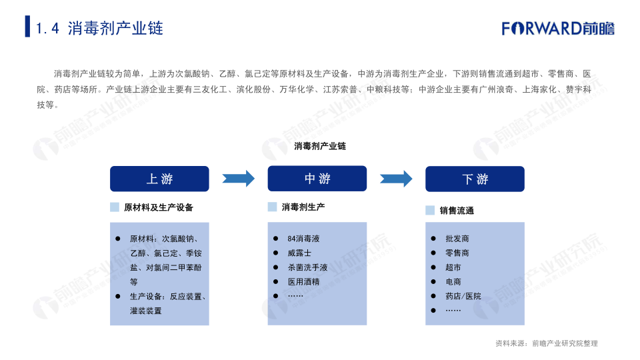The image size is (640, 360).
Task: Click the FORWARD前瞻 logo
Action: (558, 28)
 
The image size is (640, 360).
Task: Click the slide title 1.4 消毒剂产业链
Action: (99, 28)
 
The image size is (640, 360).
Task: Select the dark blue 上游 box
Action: (159, 179)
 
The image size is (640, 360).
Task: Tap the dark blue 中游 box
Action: (317, 179)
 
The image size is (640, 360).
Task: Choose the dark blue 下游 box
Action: (475, 179)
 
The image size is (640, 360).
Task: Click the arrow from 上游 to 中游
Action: (239, 179)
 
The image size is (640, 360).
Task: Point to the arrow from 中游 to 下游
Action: (396, 179)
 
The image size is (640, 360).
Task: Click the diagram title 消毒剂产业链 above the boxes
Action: (320, 146)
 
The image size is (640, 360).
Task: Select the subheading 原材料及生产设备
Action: (159, 207)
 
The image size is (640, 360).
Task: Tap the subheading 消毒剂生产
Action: (303, 207)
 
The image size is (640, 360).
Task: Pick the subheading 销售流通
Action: (457, 211)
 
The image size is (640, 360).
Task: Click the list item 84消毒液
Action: (303, 239)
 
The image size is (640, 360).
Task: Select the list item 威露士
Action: (299, 253)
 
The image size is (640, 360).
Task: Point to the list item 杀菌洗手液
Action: (307, 267)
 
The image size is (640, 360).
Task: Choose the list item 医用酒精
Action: (303, 281)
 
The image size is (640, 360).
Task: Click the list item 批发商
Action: (457, 239)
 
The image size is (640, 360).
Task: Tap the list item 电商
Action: (453, 281)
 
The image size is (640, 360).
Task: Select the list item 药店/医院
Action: (463, 296)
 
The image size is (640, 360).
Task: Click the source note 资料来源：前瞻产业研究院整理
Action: (547, 343)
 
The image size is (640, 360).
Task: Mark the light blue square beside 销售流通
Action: (430, 210)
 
